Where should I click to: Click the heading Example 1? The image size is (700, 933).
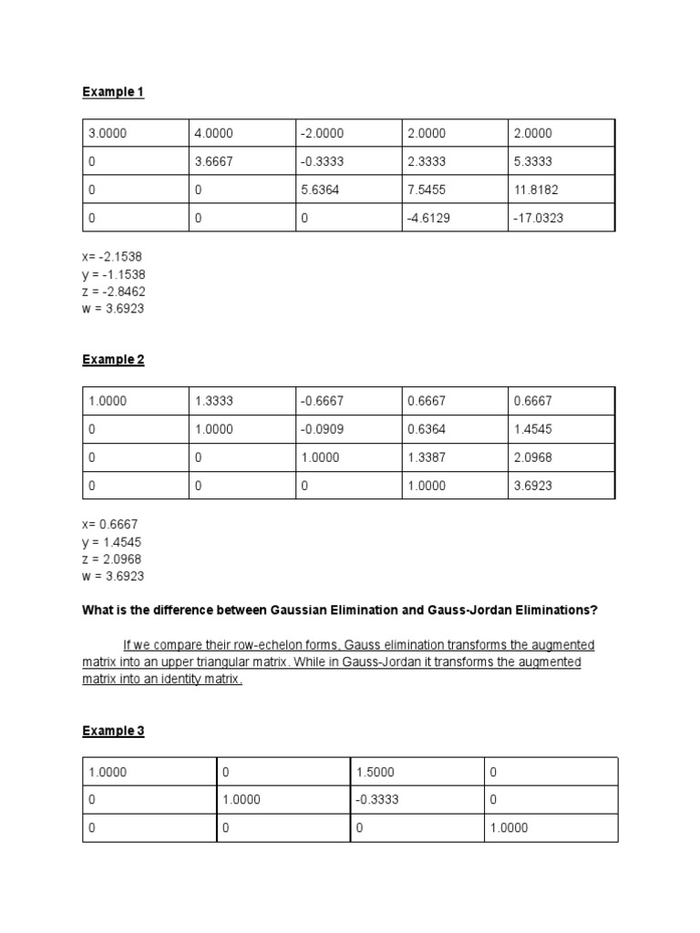click(x=113, y=92)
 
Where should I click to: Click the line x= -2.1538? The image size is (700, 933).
click(x=113, y=257)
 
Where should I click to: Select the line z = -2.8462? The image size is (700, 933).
click(x=114, y=292)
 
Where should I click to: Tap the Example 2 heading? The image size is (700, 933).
click(x=113, y=360)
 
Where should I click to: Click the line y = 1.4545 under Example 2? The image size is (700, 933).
click(x=112, y=542)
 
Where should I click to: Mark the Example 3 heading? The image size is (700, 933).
click(x=113, y=731)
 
